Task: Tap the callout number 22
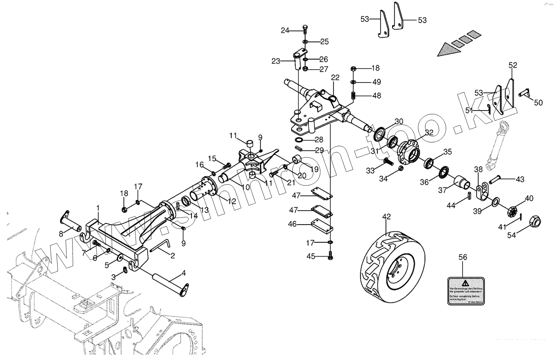[x=335, y=78]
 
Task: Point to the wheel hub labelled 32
[x=409, y=151]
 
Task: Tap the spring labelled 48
[x=354, y=95]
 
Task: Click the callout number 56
[x=463, y=257]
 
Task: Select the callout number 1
[x=98, y=208]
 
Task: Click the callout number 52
[x=513, y=65]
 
